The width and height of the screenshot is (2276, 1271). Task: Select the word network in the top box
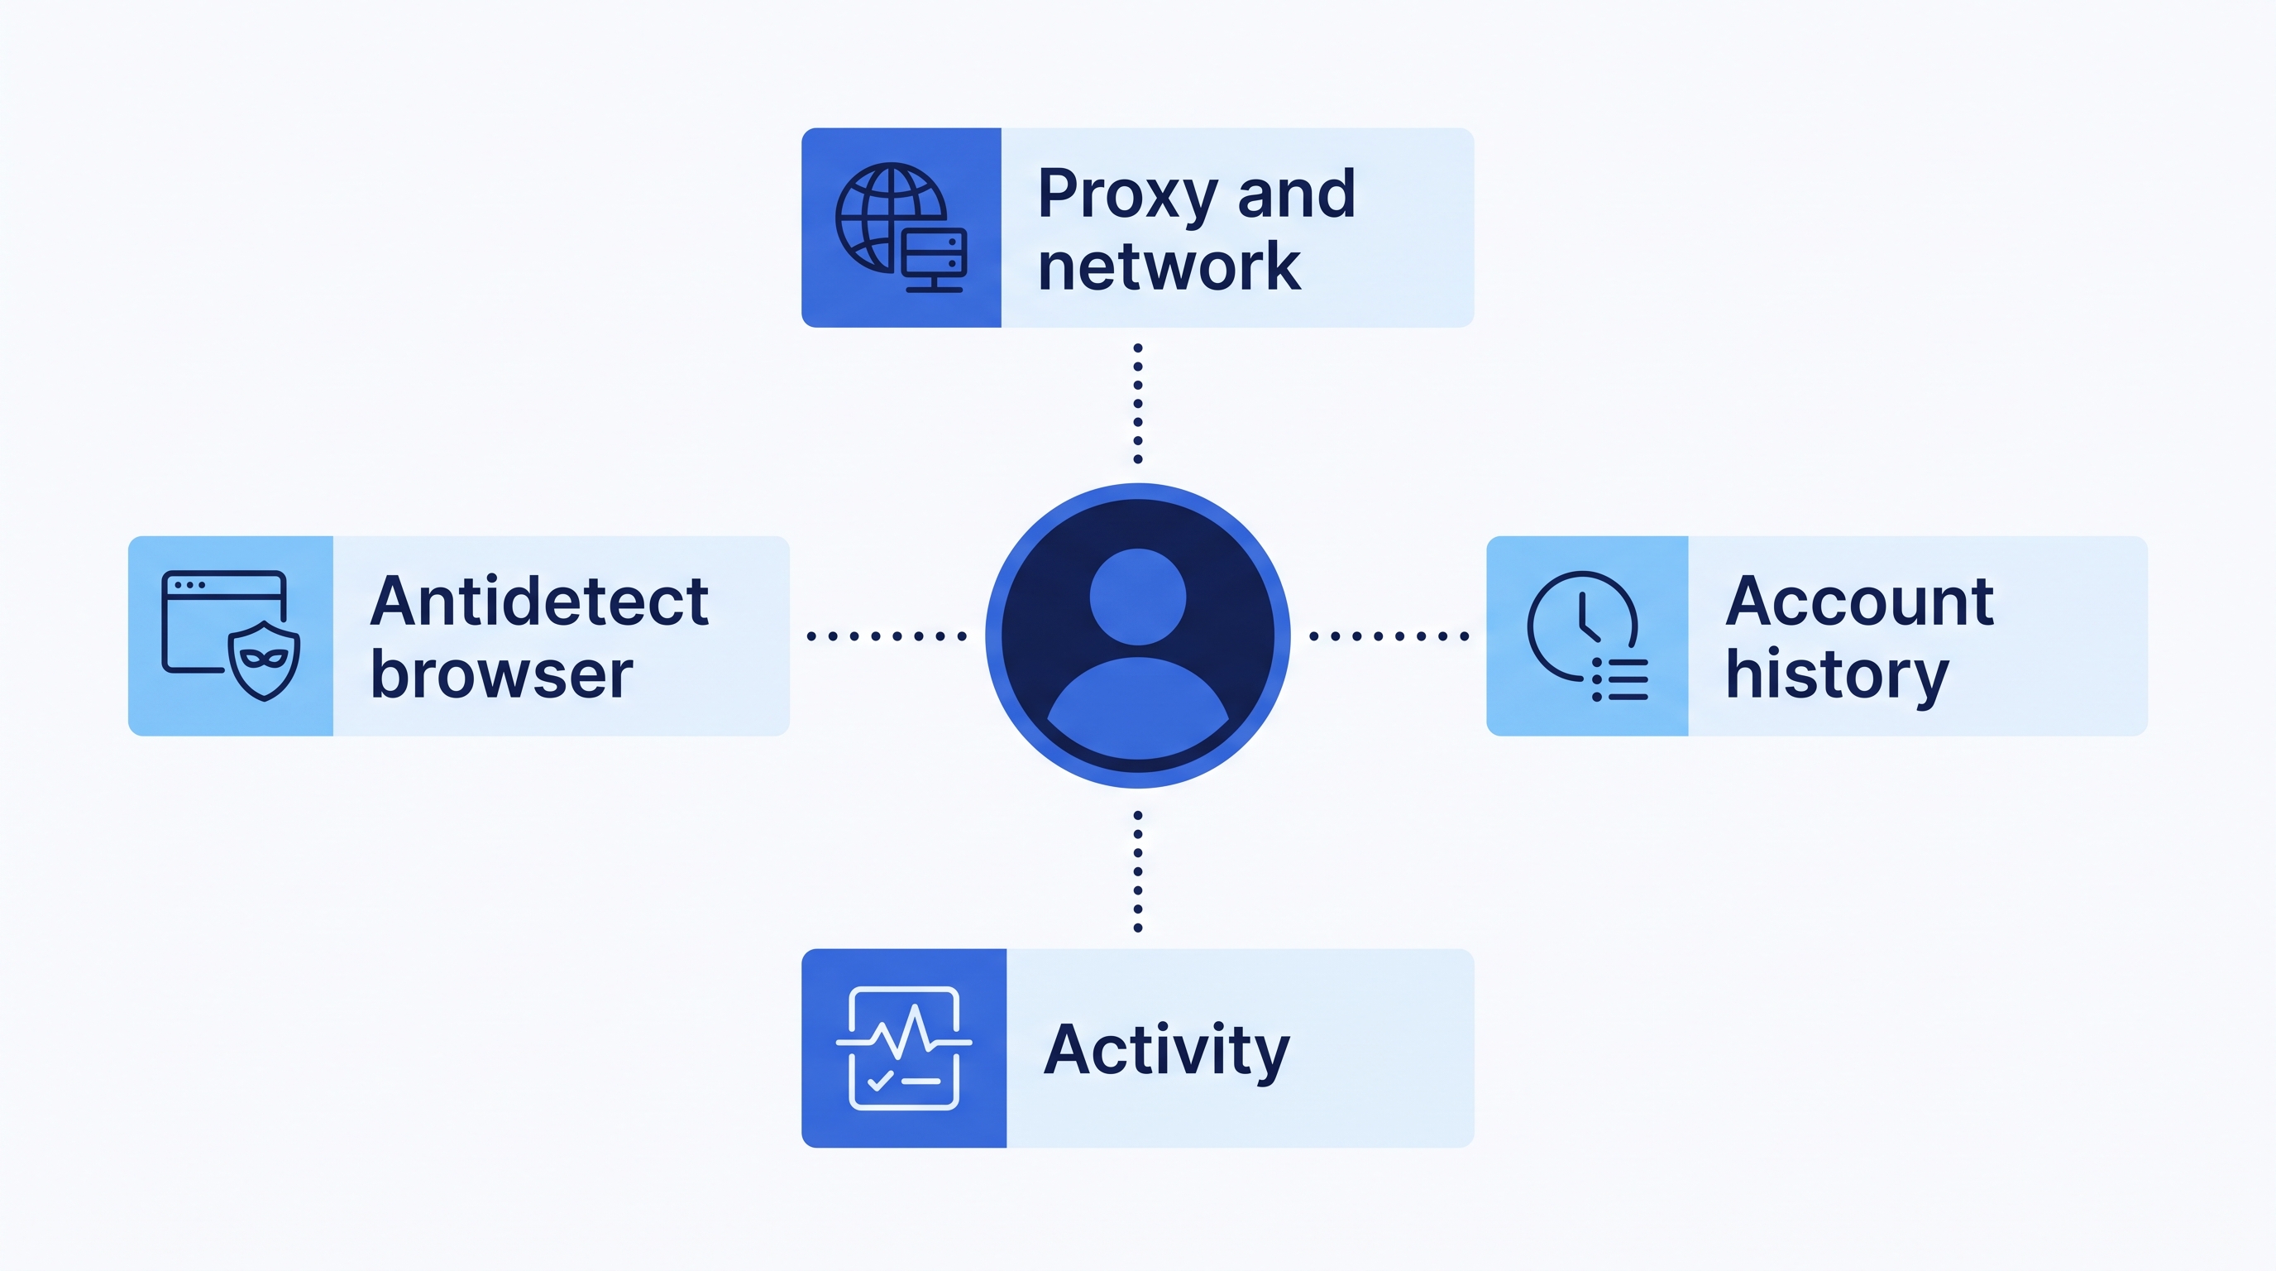pos(1169,266)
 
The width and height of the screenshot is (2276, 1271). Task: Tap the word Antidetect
pos(539,601)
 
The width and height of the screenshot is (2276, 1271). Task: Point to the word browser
pos(501,674)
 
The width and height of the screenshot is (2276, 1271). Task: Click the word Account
pos(1860,601)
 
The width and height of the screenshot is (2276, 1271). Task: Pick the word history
pos(1837,677)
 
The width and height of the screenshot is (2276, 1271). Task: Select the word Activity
pos(1166,1052)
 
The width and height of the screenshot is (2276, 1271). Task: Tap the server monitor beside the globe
pos(934,260)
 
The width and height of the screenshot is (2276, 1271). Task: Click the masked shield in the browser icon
pos(264,660)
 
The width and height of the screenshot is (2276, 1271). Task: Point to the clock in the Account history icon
pos(1581,626)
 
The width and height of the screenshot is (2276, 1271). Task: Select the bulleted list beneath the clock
pos(1619,679)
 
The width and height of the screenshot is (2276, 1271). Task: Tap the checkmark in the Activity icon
pos(881,1081)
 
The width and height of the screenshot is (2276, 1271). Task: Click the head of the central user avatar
pos(1138,597)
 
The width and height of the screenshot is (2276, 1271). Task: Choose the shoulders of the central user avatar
pos(1138,708)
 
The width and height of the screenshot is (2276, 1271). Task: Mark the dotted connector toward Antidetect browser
pos(887,635)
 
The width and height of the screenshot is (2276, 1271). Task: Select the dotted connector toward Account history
pos(1389,635)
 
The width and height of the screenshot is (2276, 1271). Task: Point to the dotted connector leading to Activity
pos(1138,871)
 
